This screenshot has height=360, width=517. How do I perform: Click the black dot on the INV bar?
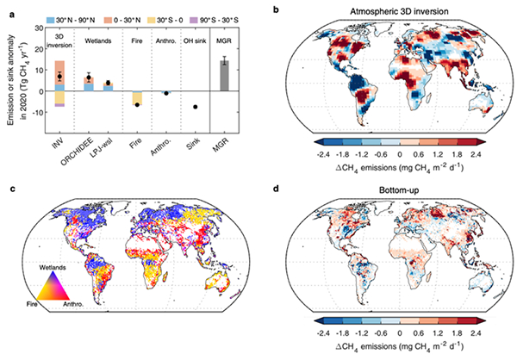59,77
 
